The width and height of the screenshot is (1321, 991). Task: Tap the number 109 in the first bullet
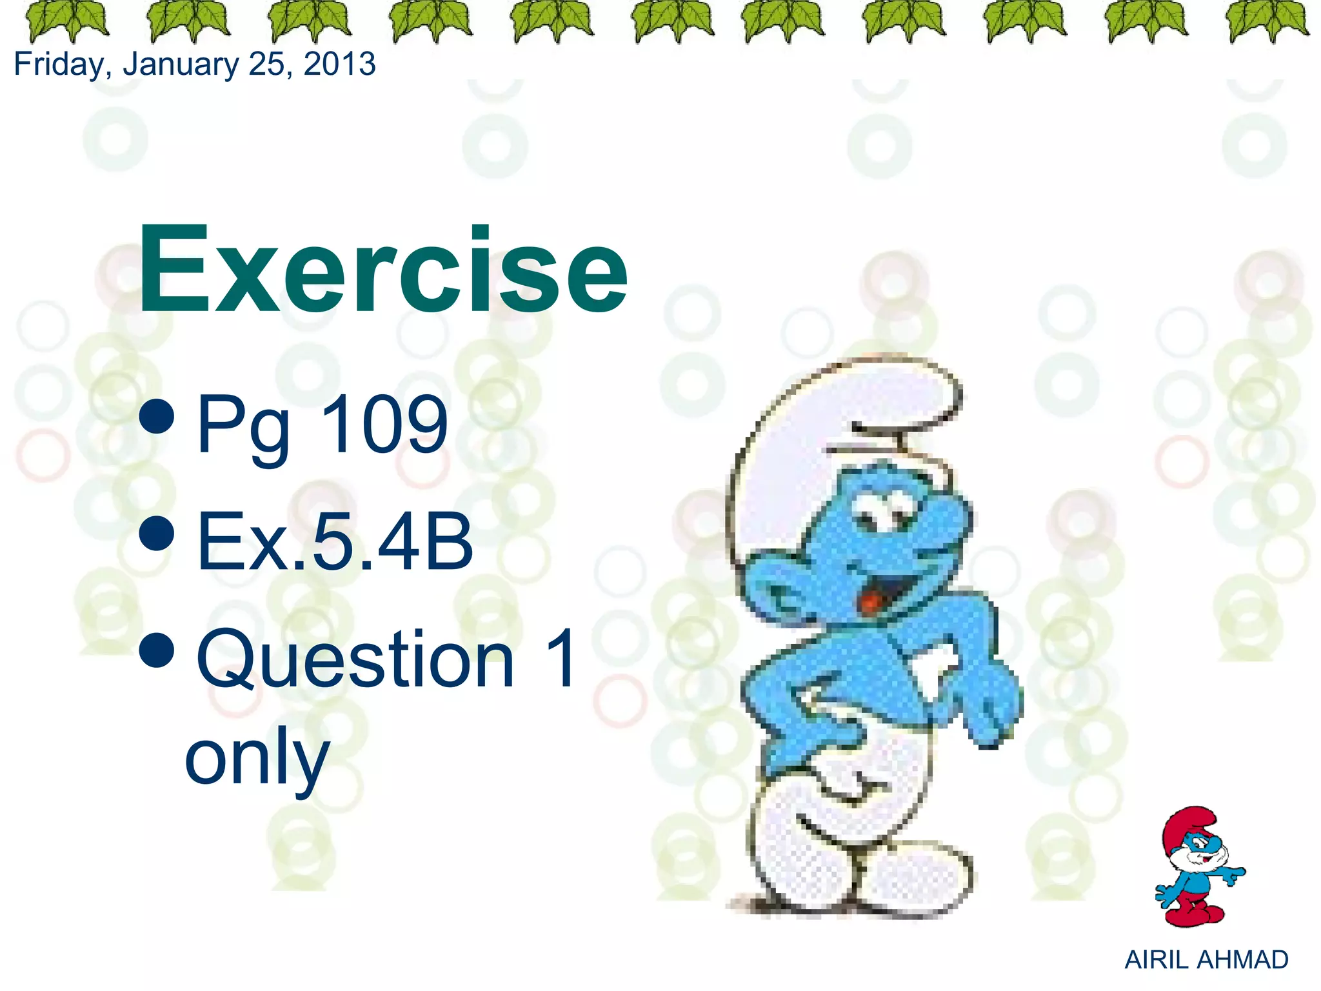383,425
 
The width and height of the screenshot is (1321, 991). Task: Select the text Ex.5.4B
335,542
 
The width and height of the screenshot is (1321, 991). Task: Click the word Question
355,659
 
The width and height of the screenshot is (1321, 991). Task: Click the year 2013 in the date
339,65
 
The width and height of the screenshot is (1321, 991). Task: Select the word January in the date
181,65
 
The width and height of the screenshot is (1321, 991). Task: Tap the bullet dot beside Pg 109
156,416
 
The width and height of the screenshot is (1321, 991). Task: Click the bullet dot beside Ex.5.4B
156,533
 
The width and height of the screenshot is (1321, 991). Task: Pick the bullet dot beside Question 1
156,650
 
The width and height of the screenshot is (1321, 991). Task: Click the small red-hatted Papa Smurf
1197,868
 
